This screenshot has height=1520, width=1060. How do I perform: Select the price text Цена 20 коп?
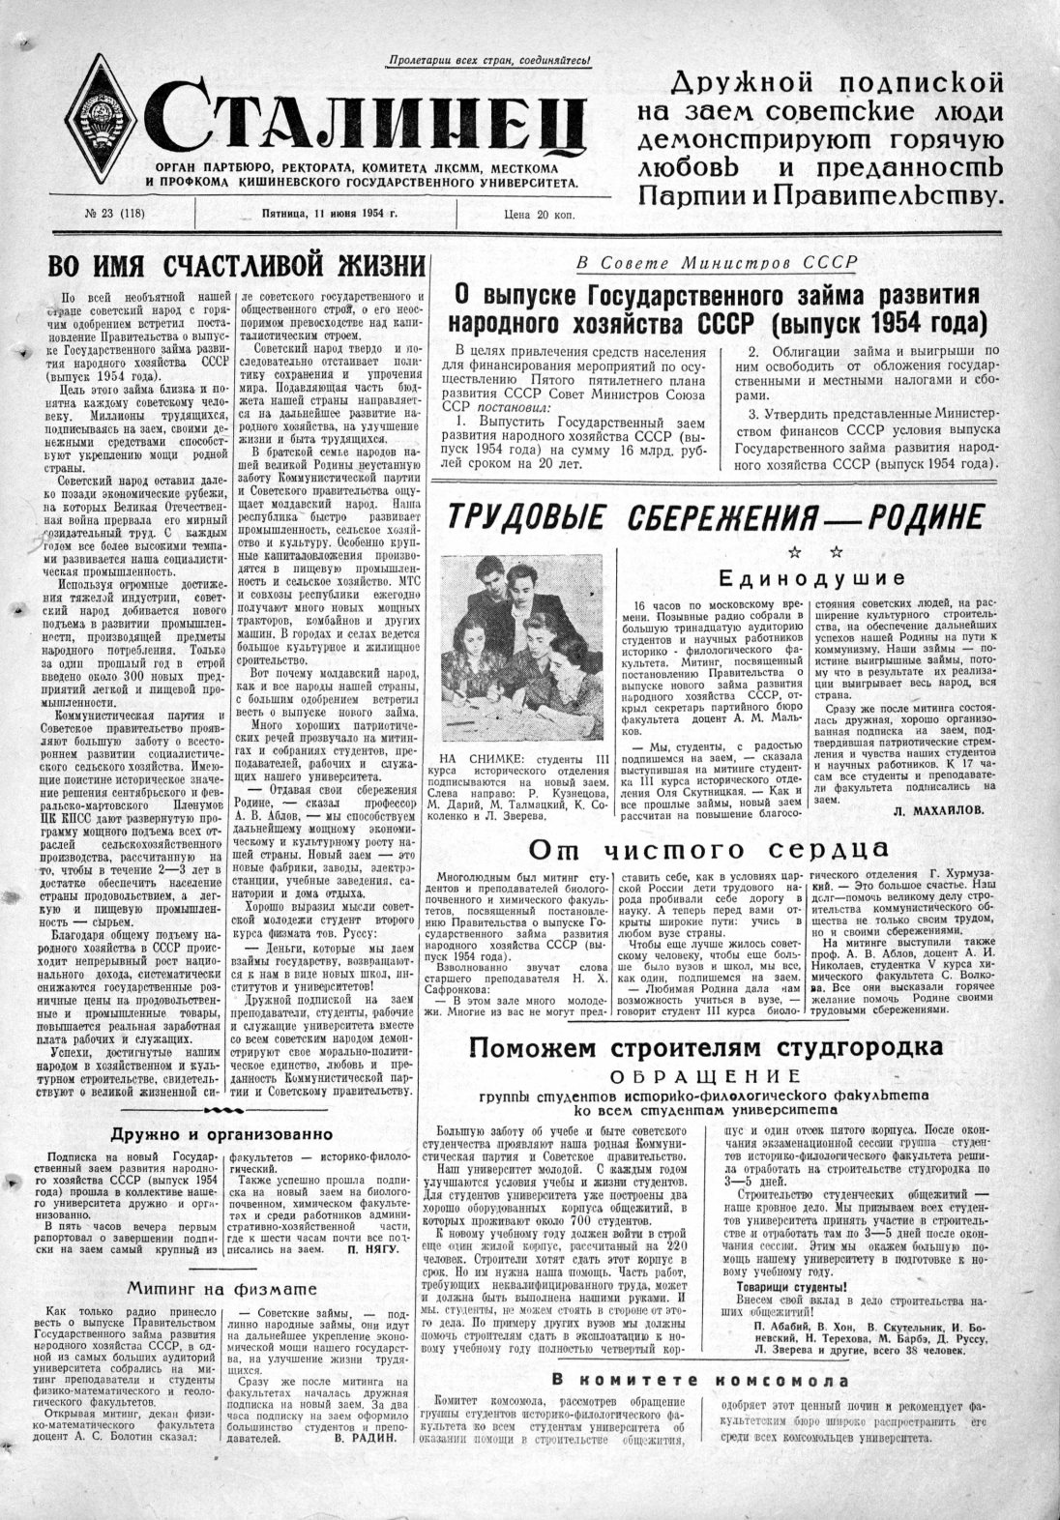pyautogui.click(x=539, y=215)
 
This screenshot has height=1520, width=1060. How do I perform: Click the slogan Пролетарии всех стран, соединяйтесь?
pyautogui.click(x=488, y=61)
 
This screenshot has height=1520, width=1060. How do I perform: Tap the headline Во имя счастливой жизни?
pyautogui.click(x=236, y=266)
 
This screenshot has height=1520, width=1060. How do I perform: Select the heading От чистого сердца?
pyautogui.click(x=708, y=848)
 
